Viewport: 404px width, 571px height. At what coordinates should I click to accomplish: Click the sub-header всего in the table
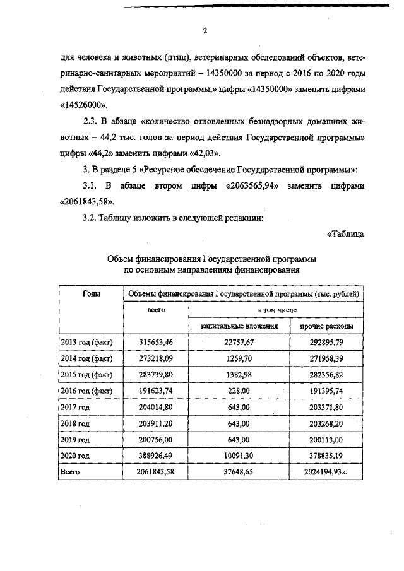tap(156, 310)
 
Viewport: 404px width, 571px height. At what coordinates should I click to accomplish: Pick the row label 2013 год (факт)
tap(86, 343)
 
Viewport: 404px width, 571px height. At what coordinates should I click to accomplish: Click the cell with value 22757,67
tap(239, 343)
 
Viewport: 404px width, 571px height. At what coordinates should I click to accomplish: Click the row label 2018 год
tap(75, 423)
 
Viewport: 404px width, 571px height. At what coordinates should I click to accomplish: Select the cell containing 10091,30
tap(239, 456)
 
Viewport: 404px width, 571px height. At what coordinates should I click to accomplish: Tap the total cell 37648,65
tap(239, 471)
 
